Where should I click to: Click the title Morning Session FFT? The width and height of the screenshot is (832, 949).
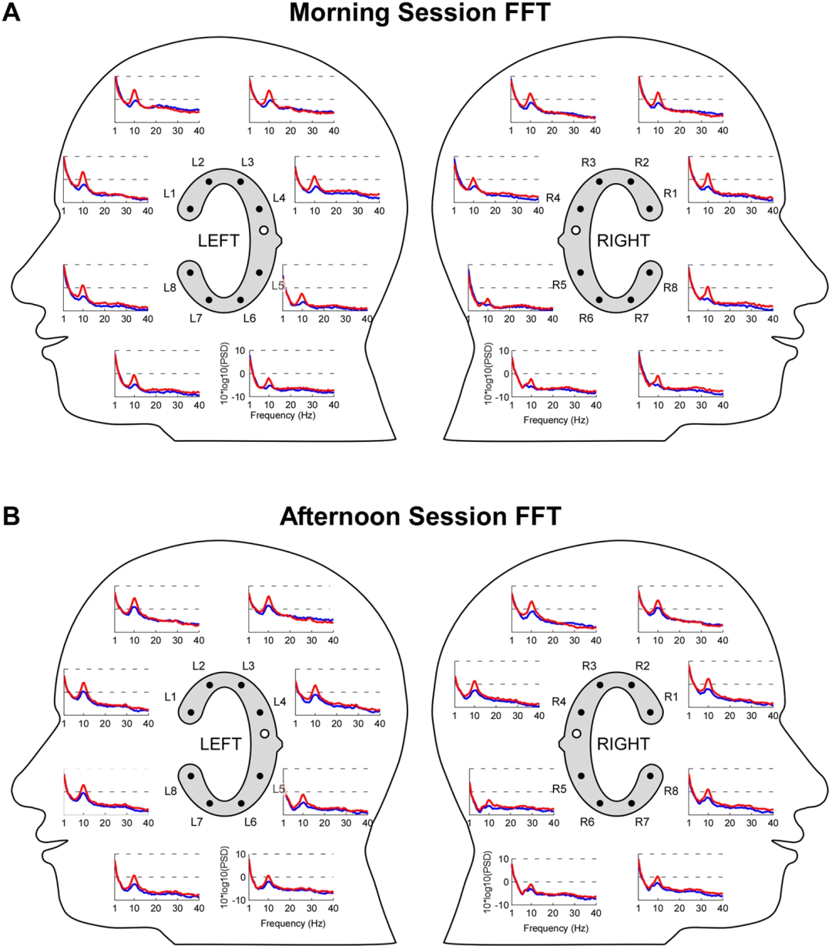click(419, 12)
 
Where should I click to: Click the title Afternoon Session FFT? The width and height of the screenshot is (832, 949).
click(420, 516)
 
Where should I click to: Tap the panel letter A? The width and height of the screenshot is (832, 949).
click(11, 12)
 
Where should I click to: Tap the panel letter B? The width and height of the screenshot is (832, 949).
click(11, 516)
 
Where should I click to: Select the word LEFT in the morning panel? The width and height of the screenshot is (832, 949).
click(219, 241)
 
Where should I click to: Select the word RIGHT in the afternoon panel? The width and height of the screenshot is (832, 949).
click(623, 744)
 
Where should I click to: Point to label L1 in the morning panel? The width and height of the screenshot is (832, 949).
click(169, 193)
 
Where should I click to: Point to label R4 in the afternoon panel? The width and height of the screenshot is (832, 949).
click(559, 702)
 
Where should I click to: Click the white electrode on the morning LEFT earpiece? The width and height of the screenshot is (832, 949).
click(263, 230)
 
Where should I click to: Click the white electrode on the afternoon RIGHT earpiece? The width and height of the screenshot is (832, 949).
click(576, 733)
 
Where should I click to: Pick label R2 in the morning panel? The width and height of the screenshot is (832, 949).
click(642, 162)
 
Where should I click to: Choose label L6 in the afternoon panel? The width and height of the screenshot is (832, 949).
click(250, 822)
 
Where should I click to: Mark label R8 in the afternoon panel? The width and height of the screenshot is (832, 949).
click(671, 791)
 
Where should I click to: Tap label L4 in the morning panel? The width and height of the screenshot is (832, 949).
click(279, 198)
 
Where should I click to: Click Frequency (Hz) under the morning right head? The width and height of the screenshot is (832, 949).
click(555, 419)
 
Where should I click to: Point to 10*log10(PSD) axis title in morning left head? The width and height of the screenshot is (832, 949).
click(226, 373)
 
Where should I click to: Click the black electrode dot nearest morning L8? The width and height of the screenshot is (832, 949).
click(190, 272)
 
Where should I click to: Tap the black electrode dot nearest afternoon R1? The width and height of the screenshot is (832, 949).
click(650, 712)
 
